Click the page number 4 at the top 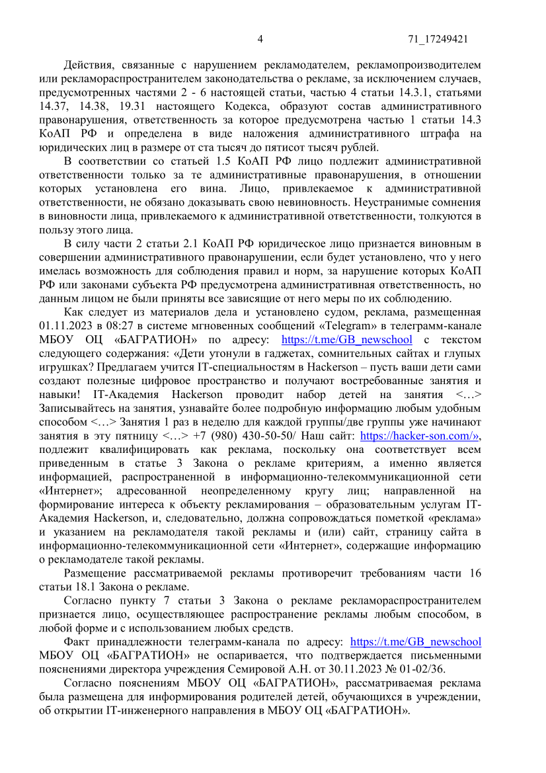(260, 39)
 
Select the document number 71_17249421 (438, 39)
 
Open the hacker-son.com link (419, 436)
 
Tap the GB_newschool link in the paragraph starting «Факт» (415, 641)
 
